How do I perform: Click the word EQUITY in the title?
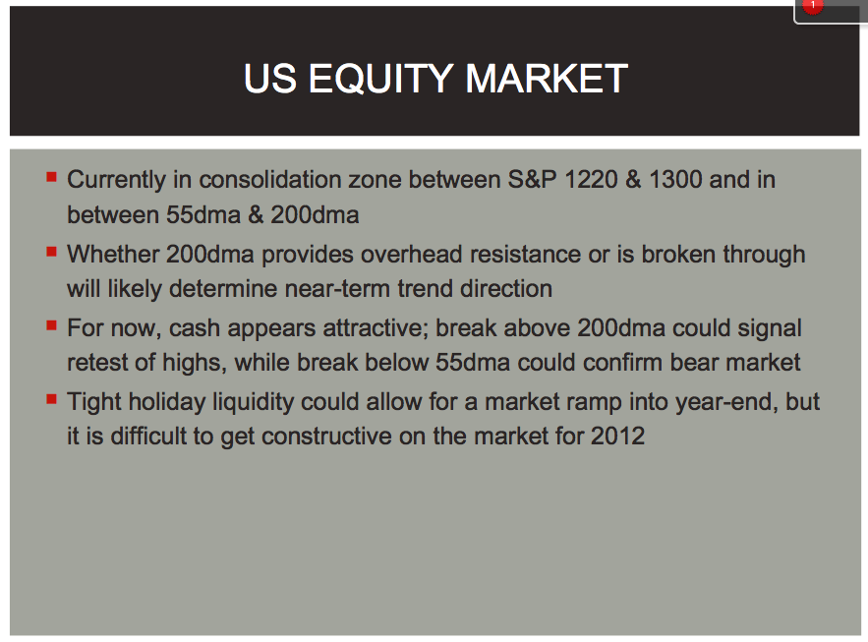pos(380,79)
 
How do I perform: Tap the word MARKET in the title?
pos(547,78)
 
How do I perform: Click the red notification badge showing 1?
pos(812,6)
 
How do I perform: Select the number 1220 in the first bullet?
pos(591,180)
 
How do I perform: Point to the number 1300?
pos(675,180)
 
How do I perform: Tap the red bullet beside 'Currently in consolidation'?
pos(51,177)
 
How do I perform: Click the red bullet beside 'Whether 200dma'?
pos(51,252)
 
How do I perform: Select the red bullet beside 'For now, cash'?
pos(51,325)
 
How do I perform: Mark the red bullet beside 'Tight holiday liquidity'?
pos(51,399)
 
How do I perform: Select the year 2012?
pos(617,437)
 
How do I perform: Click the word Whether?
pos(113,255)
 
